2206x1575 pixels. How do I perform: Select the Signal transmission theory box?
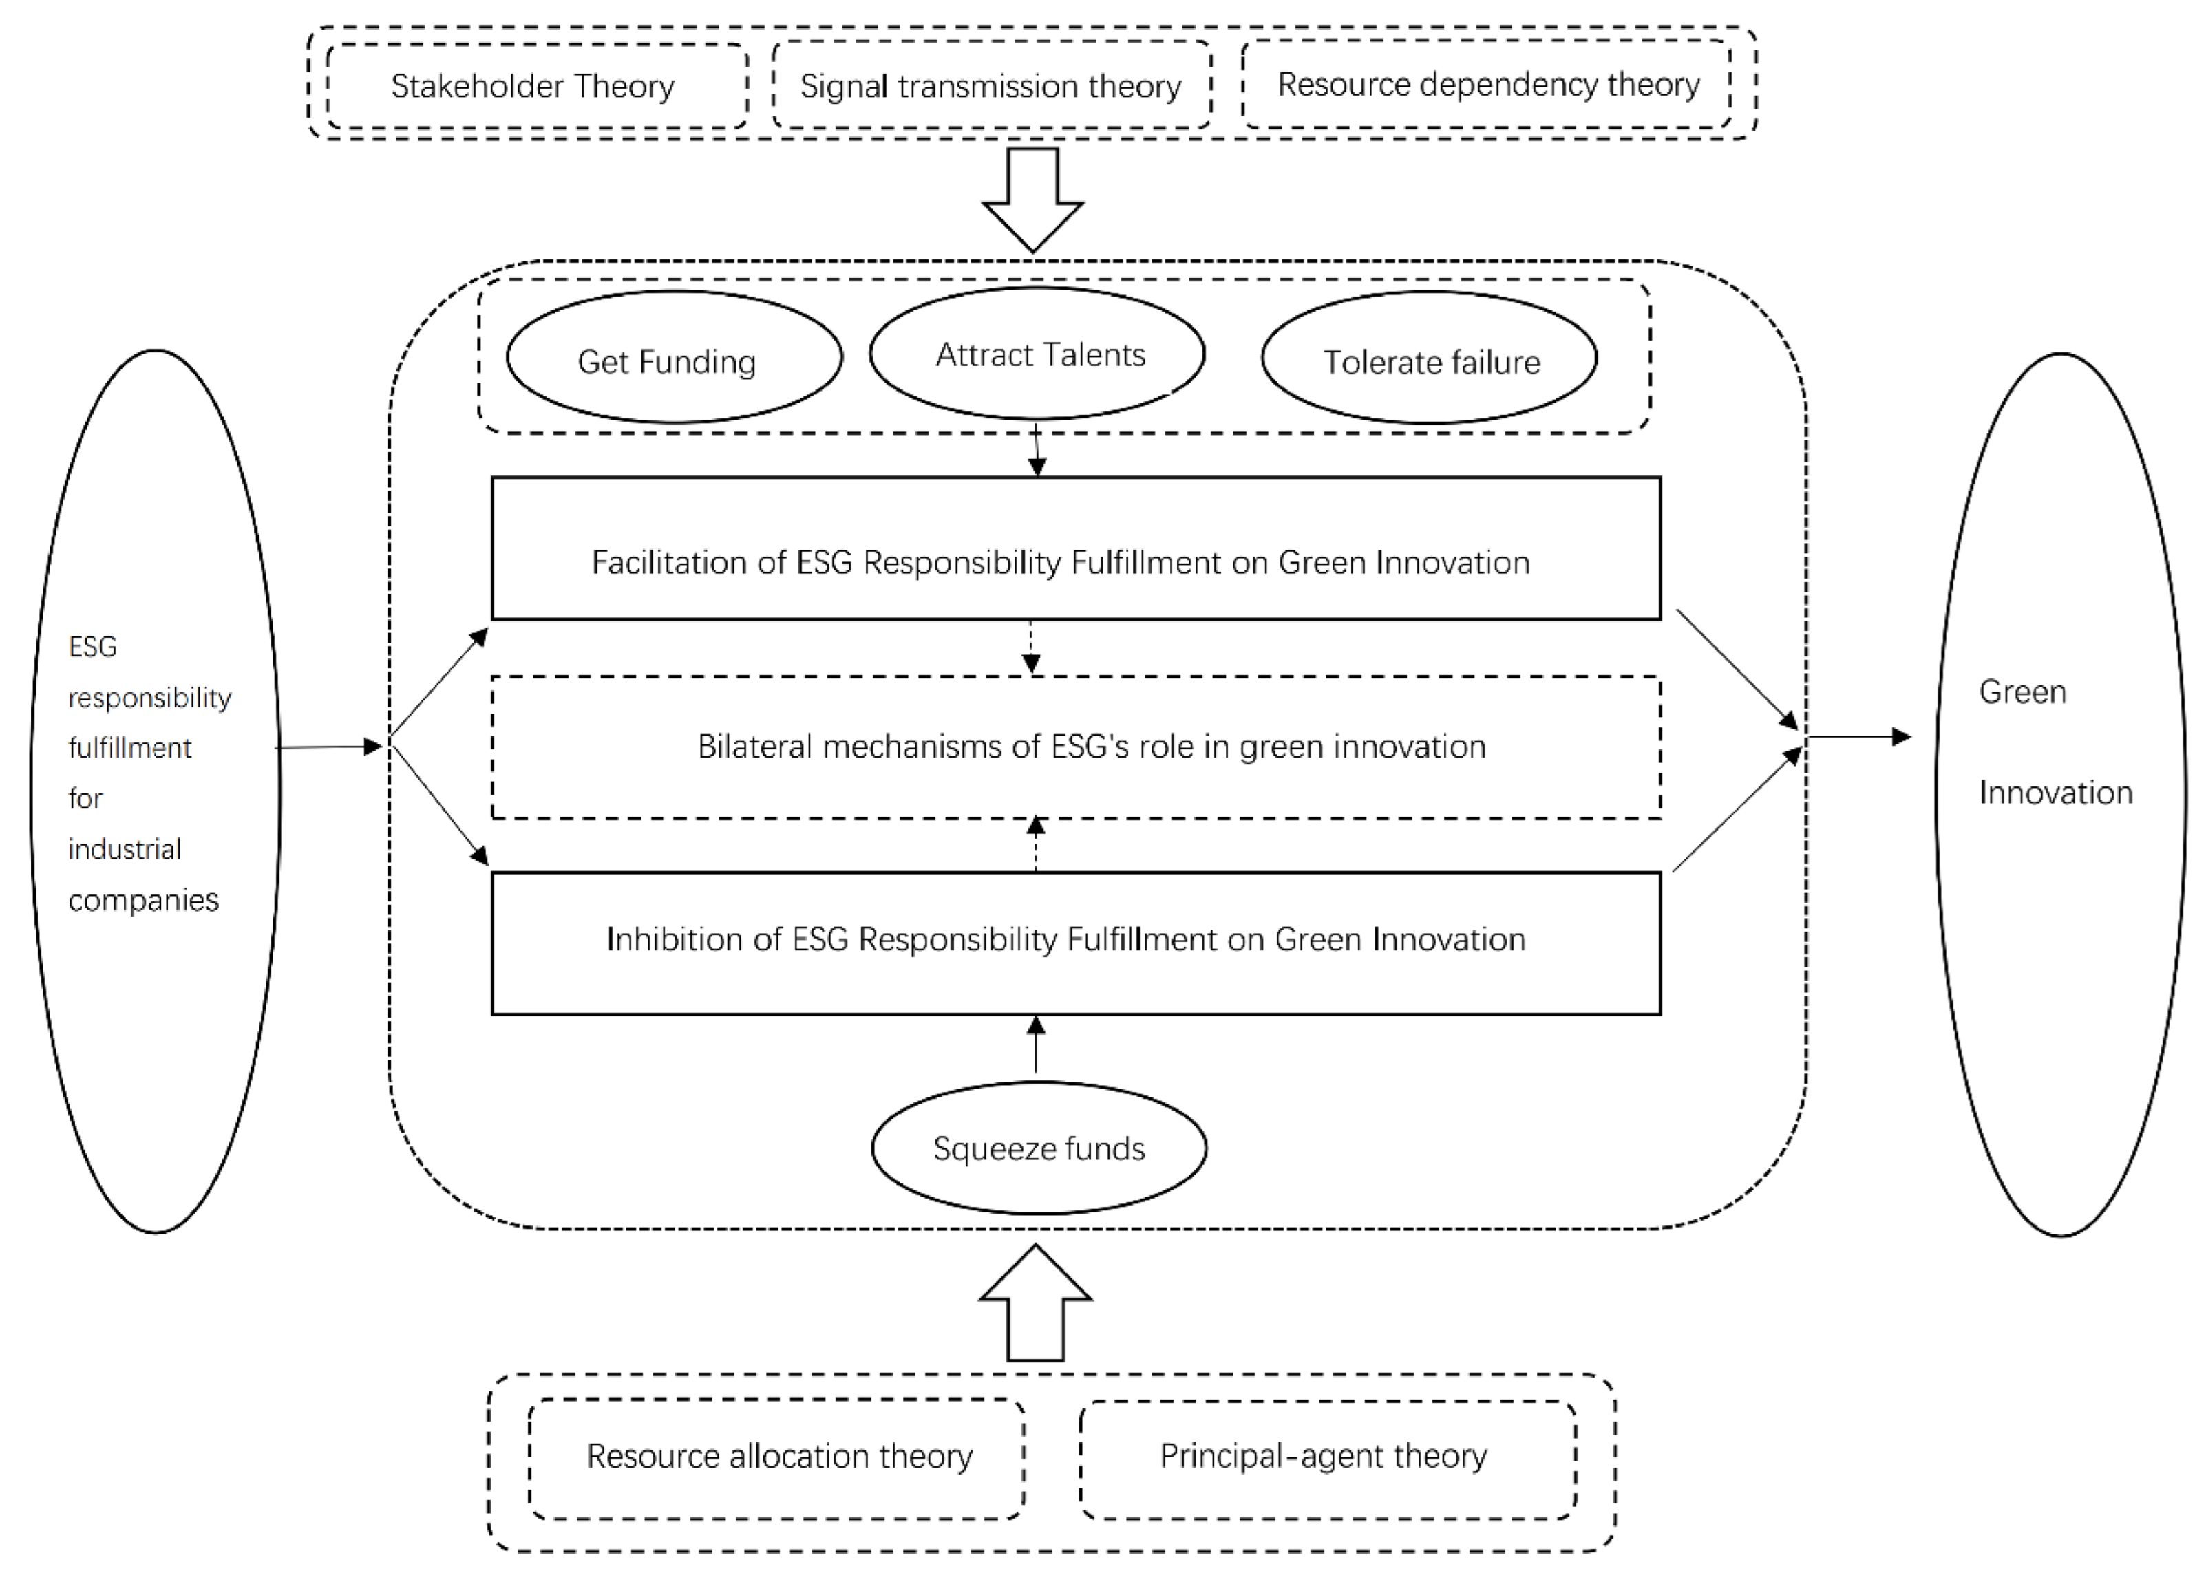tap(990, 86)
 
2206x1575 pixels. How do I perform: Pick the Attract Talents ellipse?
tap(1037, 354)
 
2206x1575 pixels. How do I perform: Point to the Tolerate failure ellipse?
tap(1429, 359)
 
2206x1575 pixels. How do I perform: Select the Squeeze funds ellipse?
tap(1038, 1148)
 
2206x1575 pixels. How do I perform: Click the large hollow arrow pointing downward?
tap(1032, 199)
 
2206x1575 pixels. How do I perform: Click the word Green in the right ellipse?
tap(2023, 692)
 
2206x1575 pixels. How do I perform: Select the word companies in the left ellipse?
tap(144, 900)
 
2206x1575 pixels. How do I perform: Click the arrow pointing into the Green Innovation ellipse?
tap(1858, 737)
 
